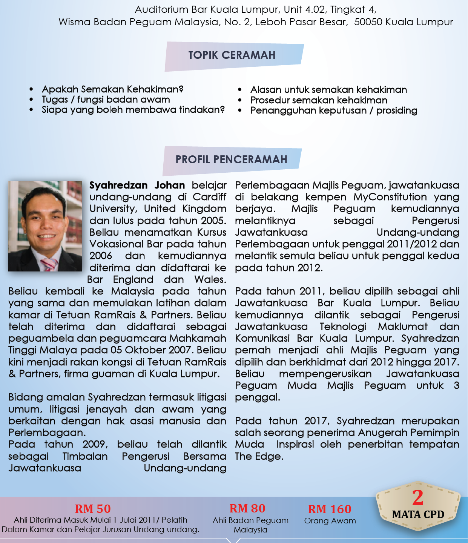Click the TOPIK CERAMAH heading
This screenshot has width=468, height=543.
click(232, 55)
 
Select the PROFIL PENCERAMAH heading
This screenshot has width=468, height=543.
click(231, 160)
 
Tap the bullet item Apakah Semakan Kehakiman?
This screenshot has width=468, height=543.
click(112, 89)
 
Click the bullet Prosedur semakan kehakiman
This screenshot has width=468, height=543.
click(319, 100)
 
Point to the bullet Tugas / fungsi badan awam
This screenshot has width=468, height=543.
click(106, 100)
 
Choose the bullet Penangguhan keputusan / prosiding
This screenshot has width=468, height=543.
click(334, 110)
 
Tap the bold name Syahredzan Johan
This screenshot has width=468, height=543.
click(137, 186)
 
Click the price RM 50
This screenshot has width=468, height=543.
click(93, 509)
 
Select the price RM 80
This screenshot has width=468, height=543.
click(247, 509)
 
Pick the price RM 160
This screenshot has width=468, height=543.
click(330, 509)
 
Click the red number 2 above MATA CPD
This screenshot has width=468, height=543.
click(417, 498)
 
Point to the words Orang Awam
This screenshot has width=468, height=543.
click(330, 521)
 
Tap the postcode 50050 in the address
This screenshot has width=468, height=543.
click(368, 22)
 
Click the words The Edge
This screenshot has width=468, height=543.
click(259, 456)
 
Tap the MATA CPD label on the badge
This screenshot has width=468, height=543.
click(418, 515)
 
